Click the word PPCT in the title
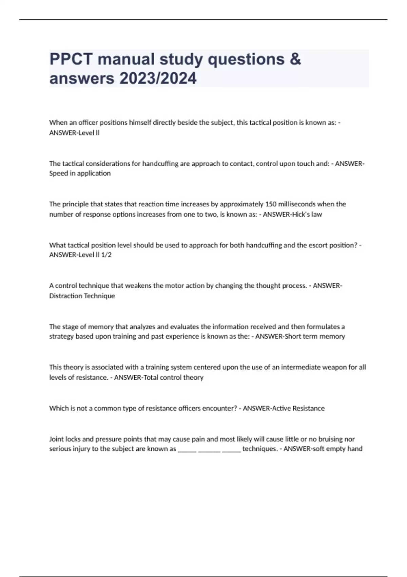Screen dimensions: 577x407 (71, 59)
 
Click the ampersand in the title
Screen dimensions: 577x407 (295, 59)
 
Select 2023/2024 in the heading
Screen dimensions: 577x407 (158, 78)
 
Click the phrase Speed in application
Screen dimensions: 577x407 (80, 173)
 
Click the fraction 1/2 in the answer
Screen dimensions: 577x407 (106, 255)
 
